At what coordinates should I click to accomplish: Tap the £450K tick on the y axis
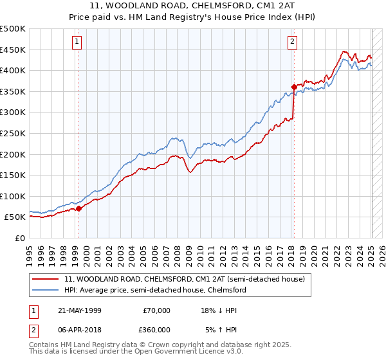[13, 50]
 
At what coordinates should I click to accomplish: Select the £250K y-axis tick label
[13, 133]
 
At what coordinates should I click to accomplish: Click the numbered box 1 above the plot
[77, 42]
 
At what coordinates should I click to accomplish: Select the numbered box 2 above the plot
[292, 42]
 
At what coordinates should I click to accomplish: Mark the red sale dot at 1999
[78, 208]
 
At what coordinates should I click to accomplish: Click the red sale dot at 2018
[293, 87]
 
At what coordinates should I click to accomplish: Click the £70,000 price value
[156, 310]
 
